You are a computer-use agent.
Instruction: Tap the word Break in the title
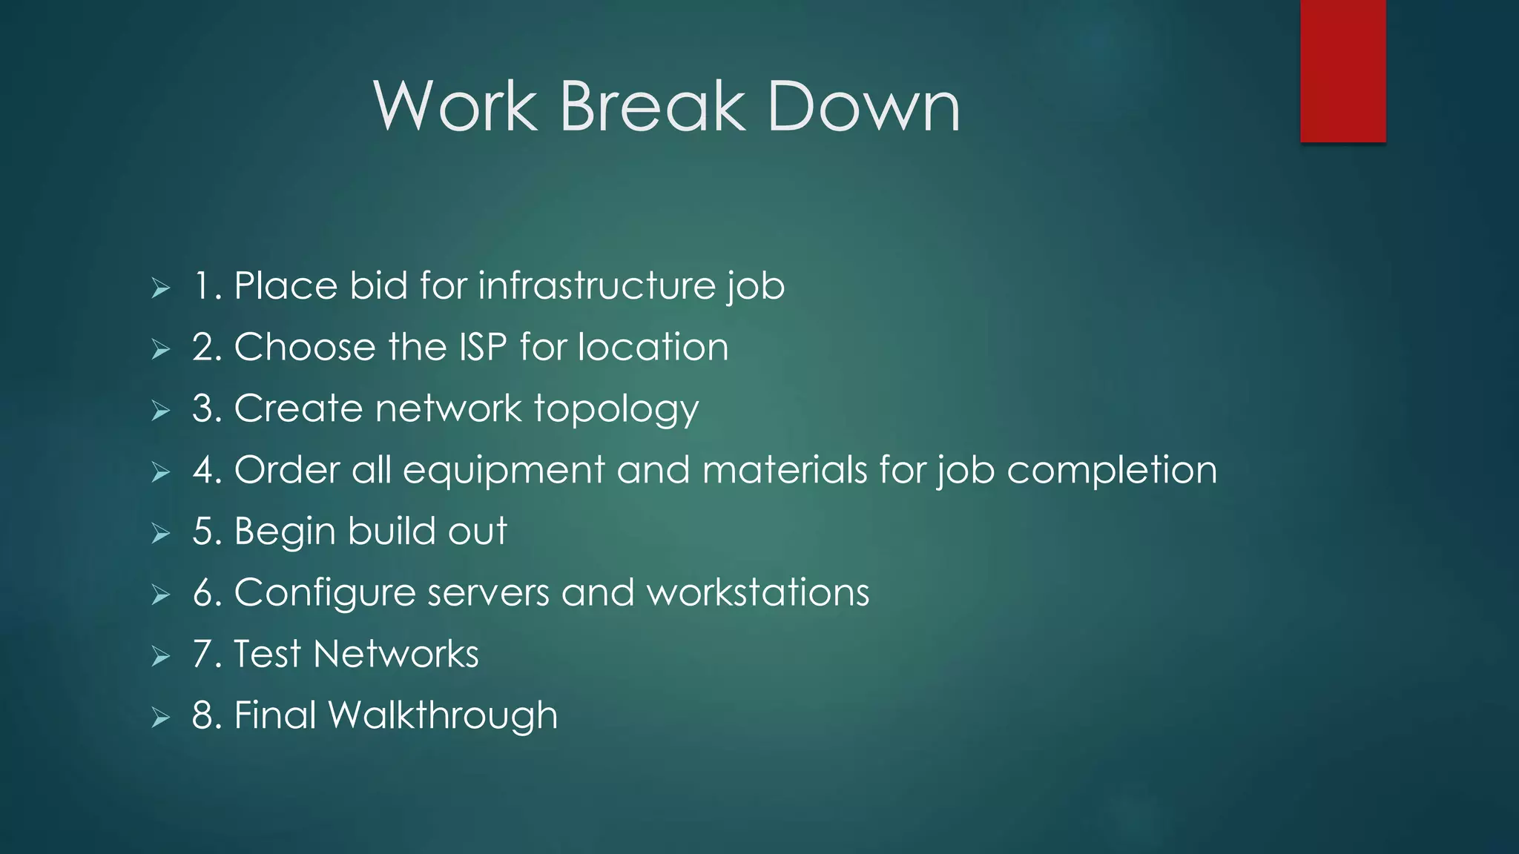tap(652, 107)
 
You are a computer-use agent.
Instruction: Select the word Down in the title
tap(863, 107)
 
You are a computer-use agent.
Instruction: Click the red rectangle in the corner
tap(1342, 70)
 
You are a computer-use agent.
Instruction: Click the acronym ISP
tap(483, 347)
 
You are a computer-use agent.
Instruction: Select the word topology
tap(616, 409)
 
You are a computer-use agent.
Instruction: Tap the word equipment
tap(504, 470)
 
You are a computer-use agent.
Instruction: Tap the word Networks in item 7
tap(395, 654)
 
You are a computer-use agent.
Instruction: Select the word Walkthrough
tap(443, 715)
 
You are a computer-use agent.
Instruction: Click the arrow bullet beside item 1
tap(161, 288)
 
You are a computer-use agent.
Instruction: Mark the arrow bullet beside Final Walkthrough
tap(161, 717)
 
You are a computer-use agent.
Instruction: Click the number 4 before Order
tap(202, 470)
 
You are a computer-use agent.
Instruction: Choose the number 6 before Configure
tap(202, 593)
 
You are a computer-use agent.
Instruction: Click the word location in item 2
tap(653, 347)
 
